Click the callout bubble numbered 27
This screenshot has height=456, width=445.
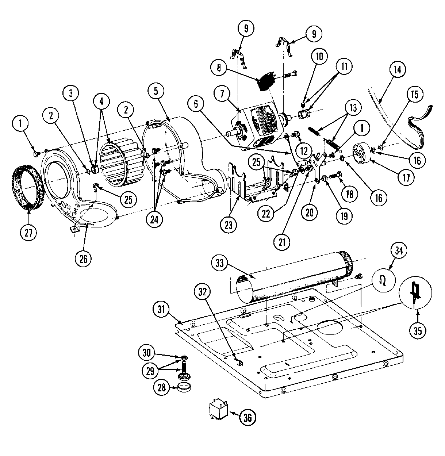point(28,233)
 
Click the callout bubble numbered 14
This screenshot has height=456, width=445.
point(398,69)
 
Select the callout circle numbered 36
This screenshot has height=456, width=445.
point(247,417)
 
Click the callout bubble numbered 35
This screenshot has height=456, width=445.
point(417,330)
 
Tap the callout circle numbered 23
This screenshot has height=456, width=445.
point(229,225)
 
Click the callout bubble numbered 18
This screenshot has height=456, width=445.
point(349,194)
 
